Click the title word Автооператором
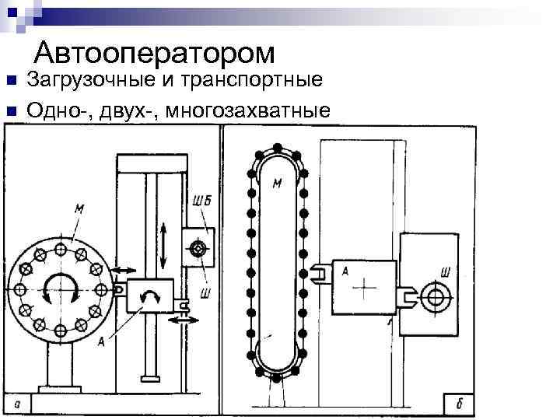tap(155, 52)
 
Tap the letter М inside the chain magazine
tap(278, 184)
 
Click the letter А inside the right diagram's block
tap(343, 270)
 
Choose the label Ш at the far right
tap(446, 272)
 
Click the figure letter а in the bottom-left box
tap(17, 404)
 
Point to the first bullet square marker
tap(11, 81)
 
